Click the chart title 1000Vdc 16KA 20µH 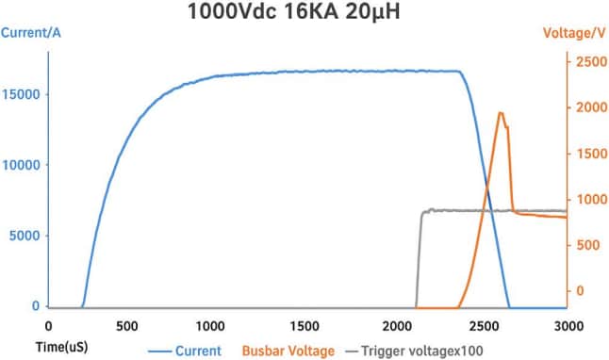(x=305, y=16)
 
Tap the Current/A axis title (x=32, y=33)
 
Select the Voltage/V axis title (x=573, y=33)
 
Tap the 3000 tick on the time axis (x=567, y=327)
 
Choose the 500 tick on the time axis (x=126, y=327)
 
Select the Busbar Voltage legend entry (x=288, y=350)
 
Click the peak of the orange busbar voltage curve (x=501, y=113)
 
